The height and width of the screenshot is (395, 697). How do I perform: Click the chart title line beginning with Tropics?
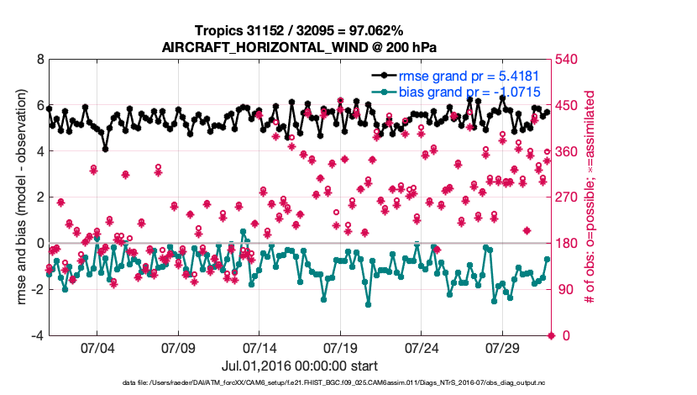(x=299, y=31)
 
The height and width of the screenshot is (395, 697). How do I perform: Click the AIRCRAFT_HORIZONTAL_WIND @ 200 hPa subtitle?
(x=299, y=47)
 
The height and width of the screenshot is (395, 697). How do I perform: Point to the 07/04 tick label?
(x=96, y=348)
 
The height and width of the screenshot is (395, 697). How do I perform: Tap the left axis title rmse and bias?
(x=18, y=198)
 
